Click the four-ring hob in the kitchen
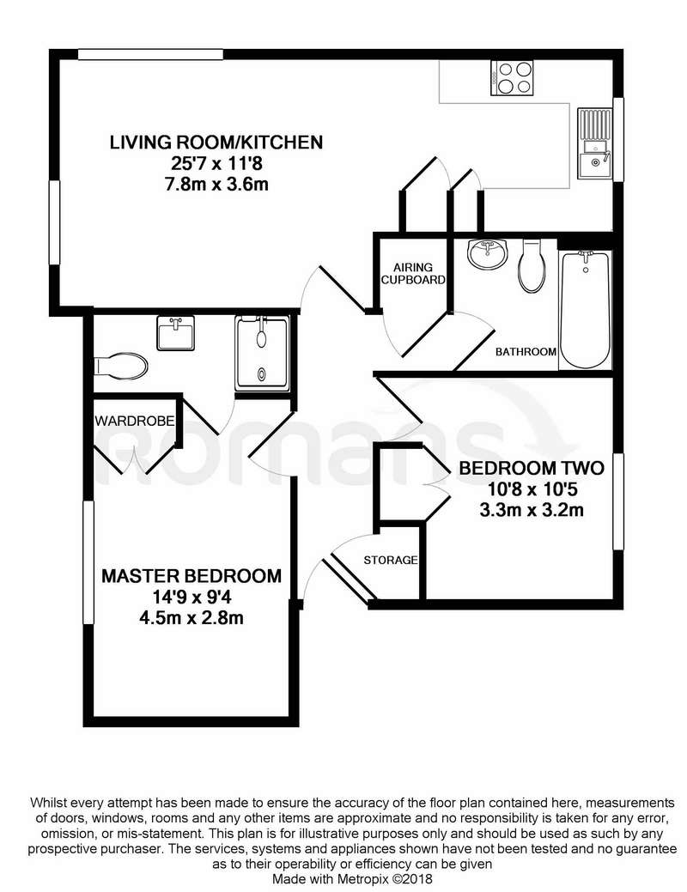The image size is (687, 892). pyautogui.click(x=513, y=78)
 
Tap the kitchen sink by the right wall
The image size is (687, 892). pyautogui.click(x=595, y=143)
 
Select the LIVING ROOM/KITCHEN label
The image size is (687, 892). pyautogui.click(x=216, y=142)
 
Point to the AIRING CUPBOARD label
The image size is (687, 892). pyautogui.click(x=413, y=273)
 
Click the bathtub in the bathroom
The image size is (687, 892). pyautogui.click(x=585, y=309)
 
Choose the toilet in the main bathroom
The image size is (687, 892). pyautogui.click(x=532, y=266)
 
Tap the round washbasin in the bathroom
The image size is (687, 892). pyautogui.click(x=487, y=254)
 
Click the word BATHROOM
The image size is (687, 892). pyautogui.click(x=526, y=352)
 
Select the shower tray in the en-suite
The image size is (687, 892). pyautogui.click(x=262, y=354)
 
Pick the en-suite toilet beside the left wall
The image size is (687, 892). pyautogui.click(x=121, y=365)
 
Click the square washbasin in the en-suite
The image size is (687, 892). pyautogui.click(x=176, y=333)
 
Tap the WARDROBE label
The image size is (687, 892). pyautogui.click(x=134, y=421)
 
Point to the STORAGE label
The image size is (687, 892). pyautogui.click(x=391, y=560)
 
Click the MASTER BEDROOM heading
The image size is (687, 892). pyautogui.click(x=192, y=576)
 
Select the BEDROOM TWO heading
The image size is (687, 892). pyautogui.click(x=532, y=468)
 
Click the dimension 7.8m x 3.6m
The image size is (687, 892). pyautogui.click(x=216, y=185)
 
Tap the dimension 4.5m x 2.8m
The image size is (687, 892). pyautogui.click(x=192, y=618)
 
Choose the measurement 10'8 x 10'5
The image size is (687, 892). pyautogui.click(x=532, y=488)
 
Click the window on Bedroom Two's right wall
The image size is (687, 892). pyautogui.click(x=618, y=501)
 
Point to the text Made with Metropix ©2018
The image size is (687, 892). pyautogui.click(x=352, y=879)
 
